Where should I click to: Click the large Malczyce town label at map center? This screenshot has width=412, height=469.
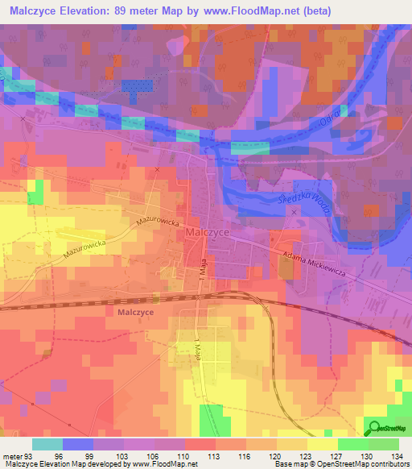[208, 230]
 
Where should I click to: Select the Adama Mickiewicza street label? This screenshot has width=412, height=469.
[314, 264]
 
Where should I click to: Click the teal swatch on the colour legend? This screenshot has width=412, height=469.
[47, 443]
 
